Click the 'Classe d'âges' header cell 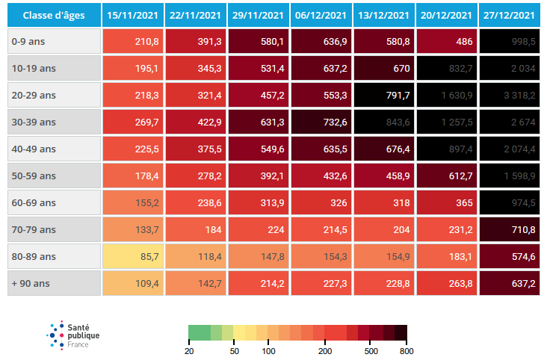coord(54,15)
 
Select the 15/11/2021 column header coord(132,15)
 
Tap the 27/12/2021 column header coord(509,15)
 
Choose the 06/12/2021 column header coord(321,15)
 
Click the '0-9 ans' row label coord(54,42)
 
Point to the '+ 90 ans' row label coord(54,284)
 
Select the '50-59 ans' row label coord(54,176)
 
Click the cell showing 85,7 coord(132,257)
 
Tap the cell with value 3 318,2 coord(509,96)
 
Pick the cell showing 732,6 coord(321,122)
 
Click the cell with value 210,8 coord(132,42)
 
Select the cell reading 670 coord(383,69)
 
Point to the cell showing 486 coord(446,42)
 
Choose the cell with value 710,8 coord(509,230)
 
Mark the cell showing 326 coord(321,203)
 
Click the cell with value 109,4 coord(132,284)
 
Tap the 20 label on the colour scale coord(189,350)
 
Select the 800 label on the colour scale coord(406,350)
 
